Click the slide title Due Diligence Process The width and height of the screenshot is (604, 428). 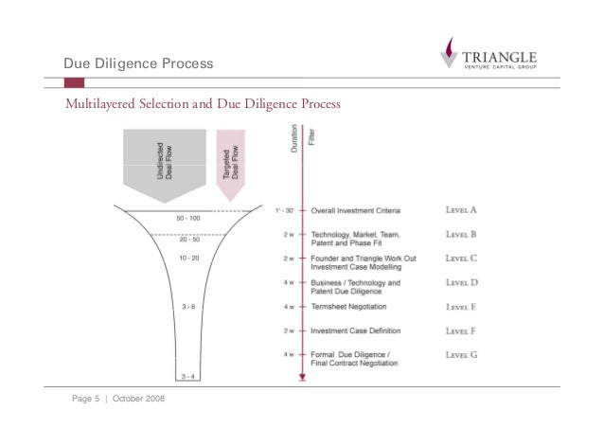click(x=138, y=63)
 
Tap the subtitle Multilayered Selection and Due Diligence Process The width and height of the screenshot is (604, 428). click(x=202, y=102)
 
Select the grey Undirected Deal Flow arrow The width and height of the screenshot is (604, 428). click(x=163, y=163)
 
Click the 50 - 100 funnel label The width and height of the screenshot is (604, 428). click(x=187, y=219)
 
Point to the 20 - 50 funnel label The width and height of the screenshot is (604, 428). click(x=187, y=240)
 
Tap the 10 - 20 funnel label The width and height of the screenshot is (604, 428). click(x=187, y=259)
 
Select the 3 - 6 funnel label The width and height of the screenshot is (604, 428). click(x=187, y=307)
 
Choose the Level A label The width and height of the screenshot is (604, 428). click(x=461, y=209)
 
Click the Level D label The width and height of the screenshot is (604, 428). click(x=461, y=282)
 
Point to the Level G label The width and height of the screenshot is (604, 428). click(x=461, y=354)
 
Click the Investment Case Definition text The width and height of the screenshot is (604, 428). click(x=356, y=330)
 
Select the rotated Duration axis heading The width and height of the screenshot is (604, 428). click(x=294, y=143)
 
